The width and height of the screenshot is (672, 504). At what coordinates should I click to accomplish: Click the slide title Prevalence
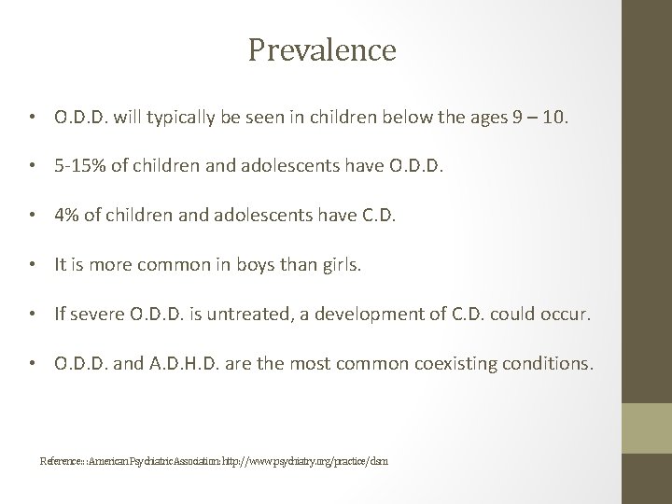(322, 49)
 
